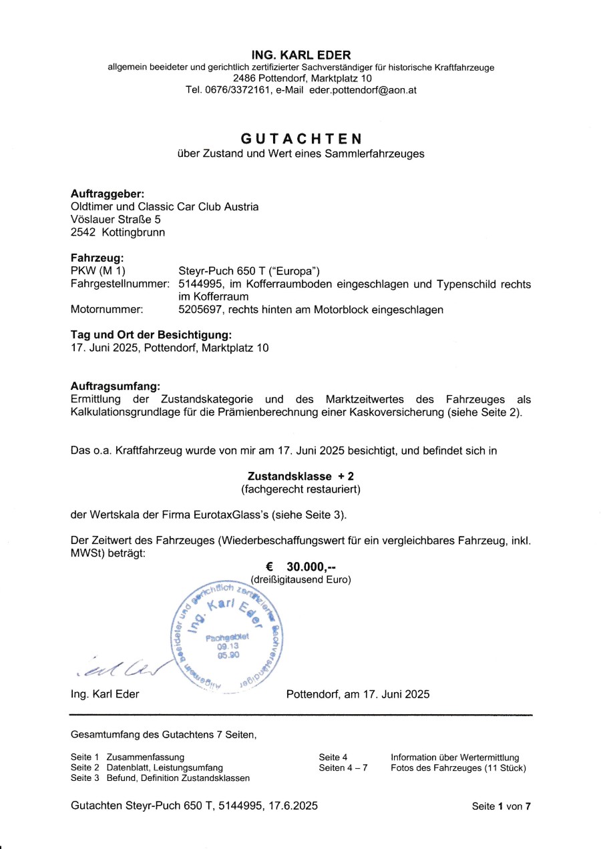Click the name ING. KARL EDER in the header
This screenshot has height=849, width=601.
(x=300, y=55)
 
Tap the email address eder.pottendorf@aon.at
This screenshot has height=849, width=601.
(x=363, y=90)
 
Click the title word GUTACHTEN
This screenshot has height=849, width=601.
(x=300, y=139)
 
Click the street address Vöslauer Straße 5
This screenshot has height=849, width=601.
(x=116, y=218)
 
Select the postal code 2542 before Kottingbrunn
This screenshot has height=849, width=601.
(x=83, y=232)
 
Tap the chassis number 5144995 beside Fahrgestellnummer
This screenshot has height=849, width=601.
(x=199, y=284)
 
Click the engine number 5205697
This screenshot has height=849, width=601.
(x=199, y=310)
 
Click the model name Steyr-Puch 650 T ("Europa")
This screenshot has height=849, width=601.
(x=250, y=271)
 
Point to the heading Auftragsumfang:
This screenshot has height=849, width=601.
(x=115, y=386)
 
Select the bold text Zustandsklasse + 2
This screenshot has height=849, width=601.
(x=300, y=477)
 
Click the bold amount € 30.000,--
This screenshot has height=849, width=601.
(x=300, y=567)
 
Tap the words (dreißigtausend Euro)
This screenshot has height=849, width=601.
(x=300, y=579)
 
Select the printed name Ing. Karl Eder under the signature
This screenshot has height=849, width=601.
(x=105, y=694)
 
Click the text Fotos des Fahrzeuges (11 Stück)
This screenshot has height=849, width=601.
(x=458, y=768)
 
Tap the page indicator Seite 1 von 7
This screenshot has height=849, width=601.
(x=501, y=806)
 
